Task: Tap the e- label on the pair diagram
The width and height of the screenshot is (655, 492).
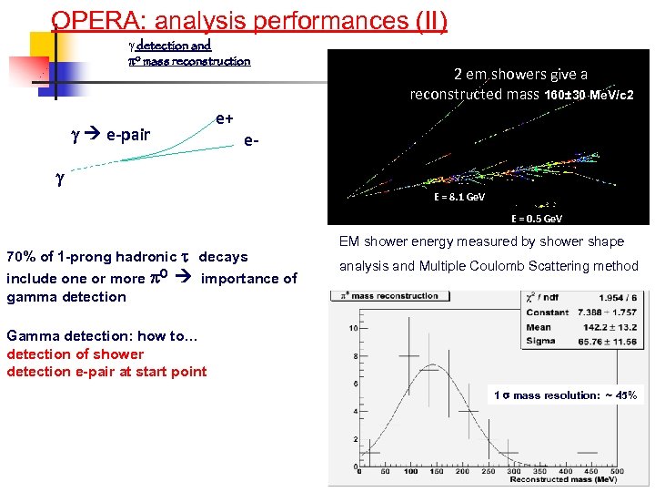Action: pyautogui.click(x=252, y=141)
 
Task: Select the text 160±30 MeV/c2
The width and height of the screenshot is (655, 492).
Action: pyautogui.click(x=589, y=95)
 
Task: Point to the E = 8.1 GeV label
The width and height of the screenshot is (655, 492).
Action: pyautogui.click(x=458, y=197)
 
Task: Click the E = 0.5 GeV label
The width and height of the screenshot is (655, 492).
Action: pyautogui.click(x=536, y=219)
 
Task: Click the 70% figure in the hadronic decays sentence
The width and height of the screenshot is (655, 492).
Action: pyautogui.click(x=21, y=257)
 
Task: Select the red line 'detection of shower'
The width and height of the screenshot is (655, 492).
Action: pyautogui.click(x=75, y=354)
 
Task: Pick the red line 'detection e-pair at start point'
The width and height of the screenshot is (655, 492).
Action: pyautogui.click(x=106, y=371)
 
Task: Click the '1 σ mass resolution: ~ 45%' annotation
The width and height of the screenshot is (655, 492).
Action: pyautogui.click(x=565, y=395)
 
